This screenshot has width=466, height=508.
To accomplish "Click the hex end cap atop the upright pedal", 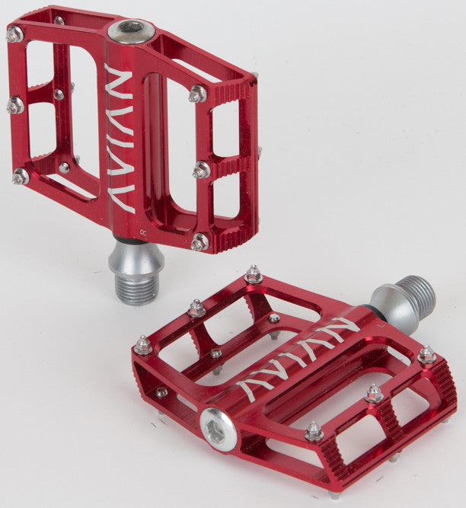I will point(130,30).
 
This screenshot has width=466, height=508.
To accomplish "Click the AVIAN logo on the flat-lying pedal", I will point(298,356).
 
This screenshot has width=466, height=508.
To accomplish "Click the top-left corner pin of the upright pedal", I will point(14,34).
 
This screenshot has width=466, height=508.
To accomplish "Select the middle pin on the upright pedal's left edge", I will point(14,105).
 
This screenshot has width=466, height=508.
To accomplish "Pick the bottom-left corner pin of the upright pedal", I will point(21,177).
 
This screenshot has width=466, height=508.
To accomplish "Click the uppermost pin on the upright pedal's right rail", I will point(197,94).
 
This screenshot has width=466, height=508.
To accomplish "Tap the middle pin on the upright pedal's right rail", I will point(201,170).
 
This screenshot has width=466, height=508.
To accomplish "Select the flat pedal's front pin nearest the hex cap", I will point(313,432).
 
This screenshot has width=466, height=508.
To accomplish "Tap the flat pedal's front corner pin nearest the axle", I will point(426,355).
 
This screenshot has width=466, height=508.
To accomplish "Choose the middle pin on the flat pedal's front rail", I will point(373,394).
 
